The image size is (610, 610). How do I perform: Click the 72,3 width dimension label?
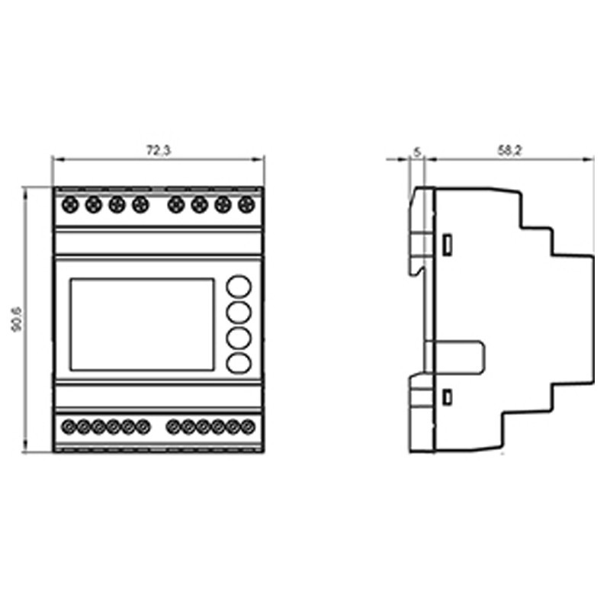pos(159,151)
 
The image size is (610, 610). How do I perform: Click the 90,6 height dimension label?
pos(16,319)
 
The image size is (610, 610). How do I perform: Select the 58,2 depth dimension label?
pos(509,151)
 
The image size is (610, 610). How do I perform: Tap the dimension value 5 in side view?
pos(416,151)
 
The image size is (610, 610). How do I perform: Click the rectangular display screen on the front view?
pos(142,324)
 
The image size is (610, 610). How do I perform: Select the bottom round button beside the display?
pos(239,363)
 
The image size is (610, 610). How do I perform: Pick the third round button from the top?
pos(239,338)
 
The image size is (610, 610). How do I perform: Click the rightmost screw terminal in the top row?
pos(246,204)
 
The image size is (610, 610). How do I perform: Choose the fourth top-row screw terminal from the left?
pos(140,204)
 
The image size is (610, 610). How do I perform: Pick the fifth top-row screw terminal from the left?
pos(176,204)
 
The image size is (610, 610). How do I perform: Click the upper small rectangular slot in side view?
pos(448,244)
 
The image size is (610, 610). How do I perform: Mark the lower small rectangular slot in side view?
pos(448,396)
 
